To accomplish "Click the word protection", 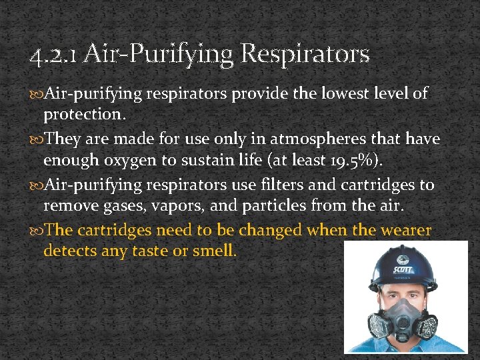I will coord(84,115).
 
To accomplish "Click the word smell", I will coord(215,251).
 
